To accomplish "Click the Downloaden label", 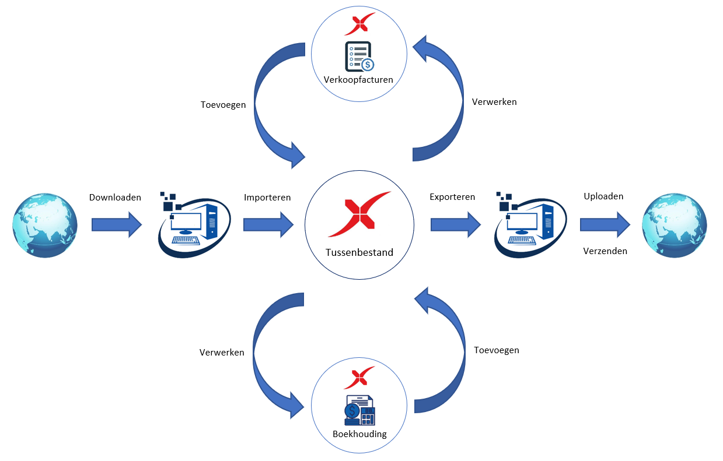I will (x=115, y=198).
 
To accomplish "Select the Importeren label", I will (x=267, y=198).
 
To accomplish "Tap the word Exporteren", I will (x=452, y=197).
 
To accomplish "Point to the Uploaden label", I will (x=603, y=196).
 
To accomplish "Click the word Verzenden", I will (x=605, y=251).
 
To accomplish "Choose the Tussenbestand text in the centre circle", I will (x=359, y=253).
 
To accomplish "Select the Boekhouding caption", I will (x=359, y=434).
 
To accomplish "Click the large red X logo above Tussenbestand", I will (x=359, y=214).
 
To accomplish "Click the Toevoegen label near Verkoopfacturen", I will (x=223, y=105).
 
